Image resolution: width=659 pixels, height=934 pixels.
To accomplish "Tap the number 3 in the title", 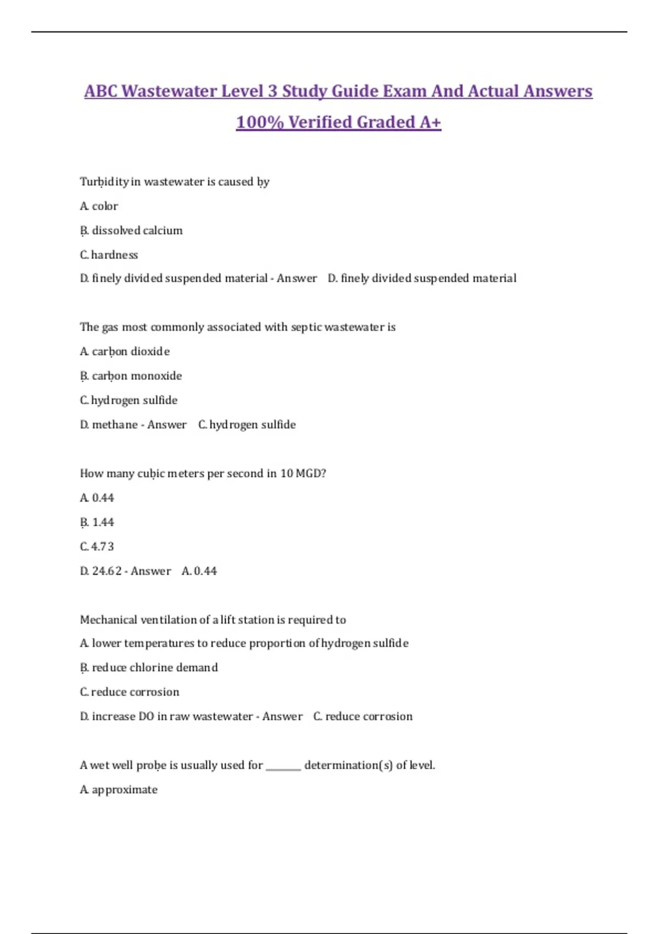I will click(x=272, y=91).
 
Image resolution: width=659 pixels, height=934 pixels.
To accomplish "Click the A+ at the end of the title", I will click(x=430, y=122).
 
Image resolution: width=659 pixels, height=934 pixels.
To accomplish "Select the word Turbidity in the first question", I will click(x=104, y=182).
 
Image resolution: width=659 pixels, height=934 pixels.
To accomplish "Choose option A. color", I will click(x=99, y=206).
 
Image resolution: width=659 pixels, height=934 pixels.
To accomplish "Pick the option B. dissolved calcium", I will click(x=131, y=231).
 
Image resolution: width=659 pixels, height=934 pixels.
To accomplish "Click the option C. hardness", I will click(x=109, y=255).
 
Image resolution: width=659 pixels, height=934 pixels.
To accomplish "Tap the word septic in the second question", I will click(x=306, y=327).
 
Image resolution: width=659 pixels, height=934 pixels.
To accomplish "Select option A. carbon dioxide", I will click(x=125, y=352).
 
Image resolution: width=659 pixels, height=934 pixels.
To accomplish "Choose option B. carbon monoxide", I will click(x=131, y=376).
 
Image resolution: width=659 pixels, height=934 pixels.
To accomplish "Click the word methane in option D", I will click(x=115, y=425).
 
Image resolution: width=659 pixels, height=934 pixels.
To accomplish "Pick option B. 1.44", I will click(x=97, y=522).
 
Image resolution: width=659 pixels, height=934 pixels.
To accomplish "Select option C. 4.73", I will click(x=97, y=547).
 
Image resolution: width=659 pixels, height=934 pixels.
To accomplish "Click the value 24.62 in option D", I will click(x=107, y=571).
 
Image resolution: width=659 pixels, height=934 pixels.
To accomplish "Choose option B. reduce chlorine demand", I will click(x=149, y=668).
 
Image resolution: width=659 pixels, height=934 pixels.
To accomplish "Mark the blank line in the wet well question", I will click(x=283, y=768).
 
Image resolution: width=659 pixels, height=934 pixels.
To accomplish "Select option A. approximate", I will click(x=119, y=790).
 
